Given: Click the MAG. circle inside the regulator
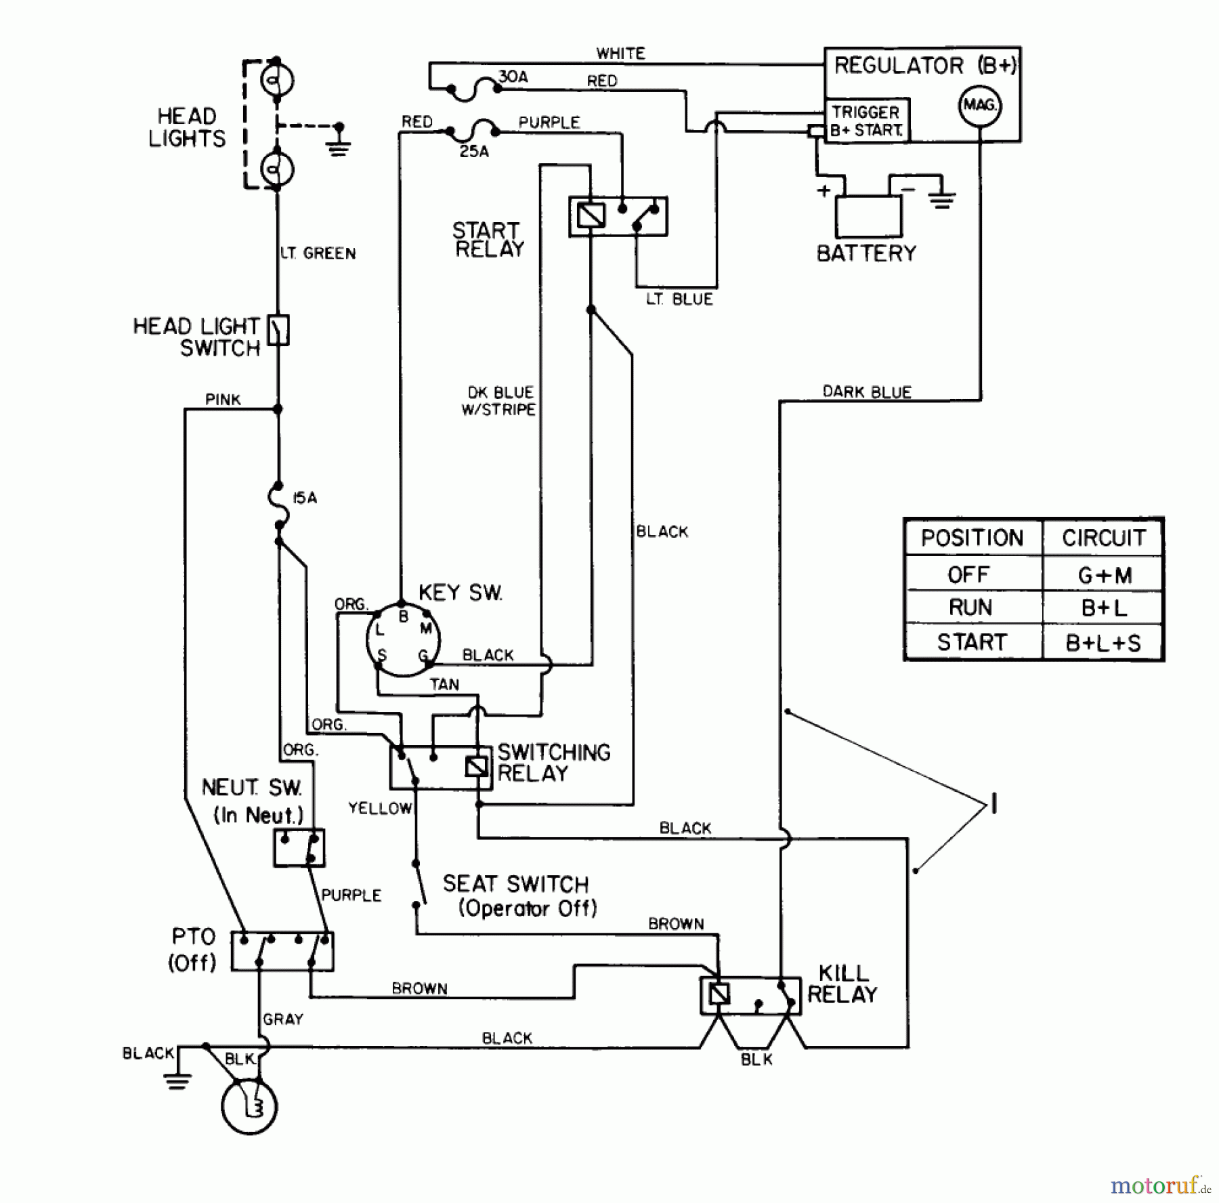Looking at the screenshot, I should pyautogui.click(x=979, y=106).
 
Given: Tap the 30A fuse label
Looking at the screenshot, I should pyautogui.click(x=513, y=77).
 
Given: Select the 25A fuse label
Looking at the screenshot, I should pyautogui.click(x=474, y=152).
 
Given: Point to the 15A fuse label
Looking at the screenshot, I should pyautogui.click(x=304, y=498).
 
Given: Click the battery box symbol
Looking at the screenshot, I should pyautogui.click(x=868, y=216).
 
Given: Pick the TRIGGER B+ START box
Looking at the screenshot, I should pyautogui.click(x=867, y=121).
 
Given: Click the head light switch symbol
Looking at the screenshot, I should pyautogui.click(x=278, y=331).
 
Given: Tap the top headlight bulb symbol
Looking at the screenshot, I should pyautogui.click(x=277, y=81).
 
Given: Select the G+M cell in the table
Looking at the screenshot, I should pyautogui.click(x=1104, y=575).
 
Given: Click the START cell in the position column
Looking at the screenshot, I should pyautogui.click(x=972, y=641).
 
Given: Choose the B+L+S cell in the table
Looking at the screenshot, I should pyautogui.click(x=1103, y=642).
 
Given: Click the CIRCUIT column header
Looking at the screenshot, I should pyautogui.click(x=1103, y=538).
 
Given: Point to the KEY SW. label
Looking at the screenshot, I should pyautogui.click(x=461, y=593).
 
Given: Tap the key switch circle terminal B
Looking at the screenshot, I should pyautogui.click(x=403, y=616).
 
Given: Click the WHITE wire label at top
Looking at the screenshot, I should pyautogui.click(x=620, y=53).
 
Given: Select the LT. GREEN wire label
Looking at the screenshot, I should pyautogui.click(x=318, y=253).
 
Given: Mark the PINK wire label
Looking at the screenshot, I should pyautogui.click(x=223, y=400).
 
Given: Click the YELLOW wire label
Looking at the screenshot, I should pyautogui.click(x=380, y=807).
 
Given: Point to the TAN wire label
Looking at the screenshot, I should pyautogui.click(x=444, y=684).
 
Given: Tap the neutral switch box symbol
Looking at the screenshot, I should pyautogui.click(x=299, y=847).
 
